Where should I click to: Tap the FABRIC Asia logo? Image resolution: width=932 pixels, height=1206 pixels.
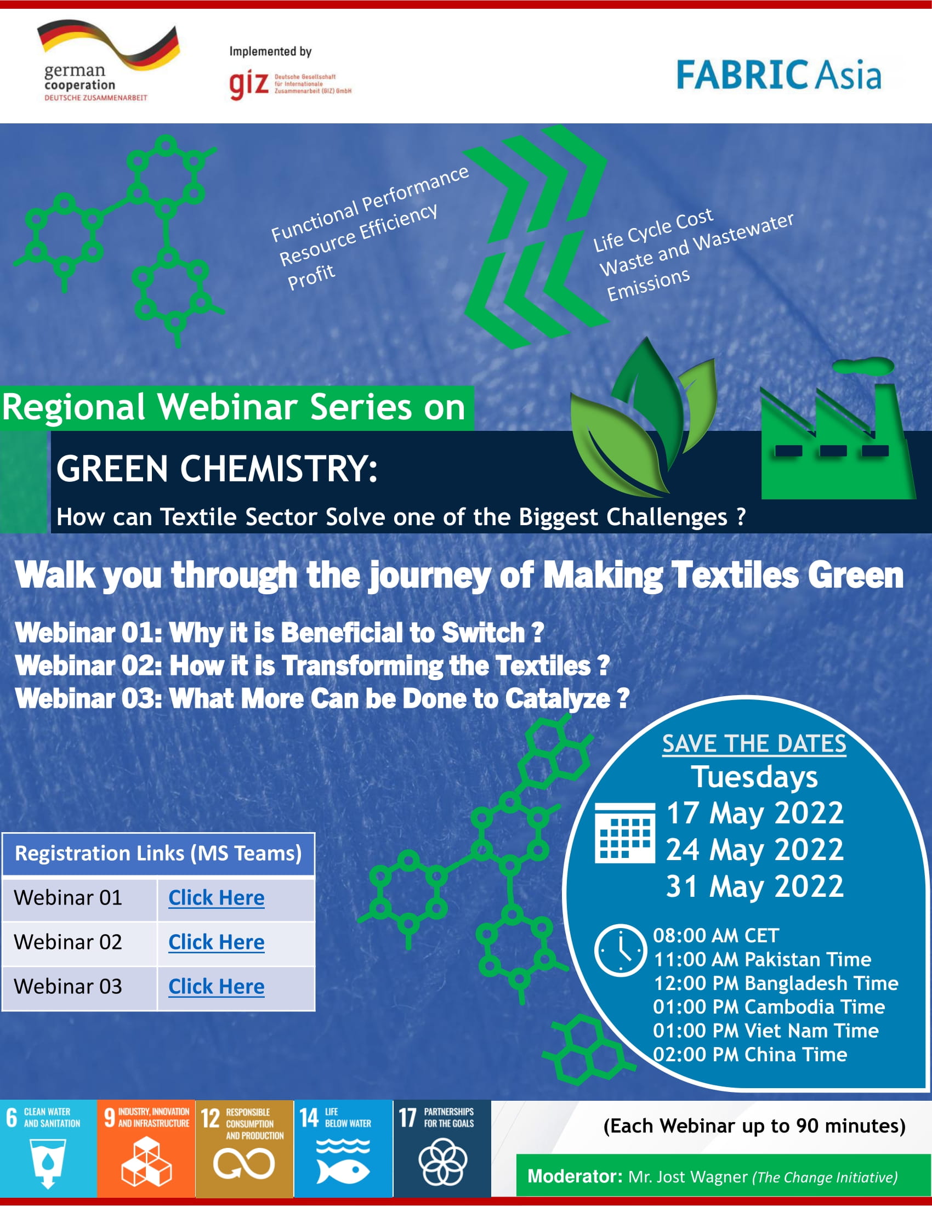click(778, 75)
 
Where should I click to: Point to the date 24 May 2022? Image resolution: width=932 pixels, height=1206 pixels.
click(754, 850)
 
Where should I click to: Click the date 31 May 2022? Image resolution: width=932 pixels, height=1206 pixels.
click(754, 887)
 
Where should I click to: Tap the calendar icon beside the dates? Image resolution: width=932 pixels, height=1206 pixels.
click(624, 833)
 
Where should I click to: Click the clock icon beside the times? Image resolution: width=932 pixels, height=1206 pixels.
click(620, 951)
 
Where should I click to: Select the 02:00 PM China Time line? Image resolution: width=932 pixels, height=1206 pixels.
click(749, 1055)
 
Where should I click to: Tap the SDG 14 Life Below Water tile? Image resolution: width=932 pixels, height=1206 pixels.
click(343, 1148)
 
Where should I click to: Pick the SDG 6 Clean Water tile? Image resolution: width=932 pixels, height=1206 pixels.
click(48, 1148)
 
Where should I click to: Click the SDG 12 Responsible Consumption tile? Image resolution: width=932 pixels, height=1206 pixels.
click(244, 1148)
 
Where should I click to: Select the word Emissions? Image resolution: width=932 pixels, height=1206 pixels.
click(648, 285)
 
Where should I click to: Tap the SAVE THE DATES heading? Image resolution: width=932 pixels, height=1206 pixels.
click(754, 744)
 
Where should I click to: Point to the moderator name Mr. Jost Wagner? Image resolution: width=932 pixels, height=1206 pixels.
click(687, 1177)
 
